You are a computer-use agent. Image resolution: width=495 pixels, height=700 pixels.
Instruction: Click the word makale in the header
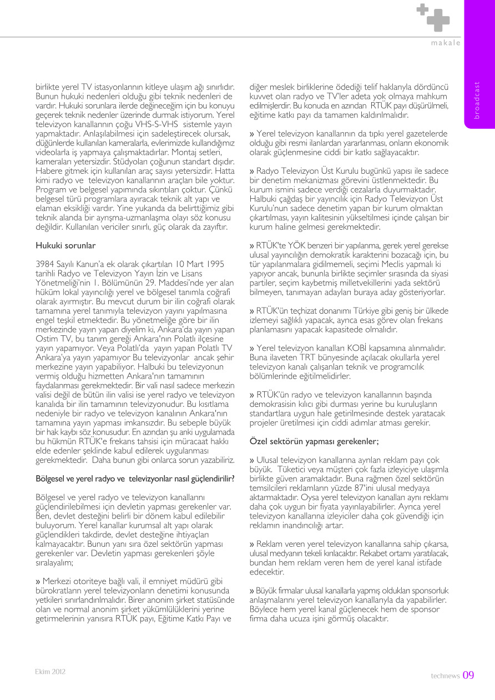point(446,43)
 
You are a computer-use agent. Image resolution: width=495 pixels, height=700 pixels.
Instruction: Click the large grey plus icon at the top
point(438,21)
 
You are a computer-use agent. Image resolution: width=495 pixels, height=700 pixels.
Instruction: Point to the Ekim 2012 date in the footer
point(50,671)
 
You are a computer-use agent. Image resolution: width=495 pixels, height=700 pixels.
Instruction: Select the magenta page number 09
point(468,675)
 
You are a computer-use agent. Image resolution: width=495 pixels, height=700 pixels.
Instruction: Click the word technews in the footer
point(445,676)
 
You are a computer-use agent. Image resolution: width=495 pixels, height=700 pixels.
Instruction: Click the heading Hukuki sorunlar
point(58,245)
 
